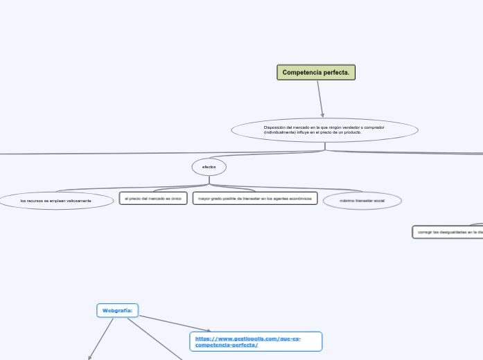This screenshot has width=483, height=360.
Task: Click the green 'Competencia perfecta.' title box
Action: click(x=316, y=72)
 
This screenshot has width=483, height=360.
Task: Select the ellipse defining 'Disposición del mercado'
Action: click(x=324, y=129)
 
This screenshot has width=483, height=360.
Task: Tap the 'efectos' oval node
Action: click(x=209, y=167)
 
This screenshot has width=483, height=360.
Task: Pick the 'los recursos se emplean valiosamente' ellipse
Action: click(x=56, y=201)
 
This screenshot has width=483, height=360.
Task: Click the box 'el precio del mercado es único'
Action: click(x=152, y=199)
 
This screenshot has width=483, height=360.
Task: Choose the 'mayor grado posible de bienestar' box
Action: click(x=254, y=199)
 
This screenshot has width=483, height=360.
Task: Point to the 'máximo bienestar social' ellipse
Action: click(x=362, y=201)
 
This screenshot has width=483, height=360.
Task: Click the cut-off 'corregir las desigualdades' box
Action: click(x=448, y=233)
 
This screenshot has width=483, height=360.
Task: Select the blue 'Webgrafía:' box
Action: click(x=118, y=311)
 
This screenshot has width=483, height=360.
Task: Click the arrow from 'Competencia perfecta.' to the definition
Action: click(x=320, y=98)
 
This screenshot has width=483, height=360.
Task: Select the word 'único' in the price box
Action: click(x=176, y=199)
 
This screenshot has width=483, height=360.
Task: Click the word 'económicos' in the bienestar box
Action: click(x=299, y=199)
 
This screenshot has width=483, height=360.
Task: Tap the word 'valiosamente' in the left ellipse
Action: click(x=79, y=201)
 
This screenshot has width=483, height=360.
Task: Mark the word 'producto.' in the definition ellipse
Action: click(x=352, y=132)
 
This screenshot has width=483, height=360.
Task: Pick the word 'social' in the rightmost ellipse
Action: click(x=378, y=201)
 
